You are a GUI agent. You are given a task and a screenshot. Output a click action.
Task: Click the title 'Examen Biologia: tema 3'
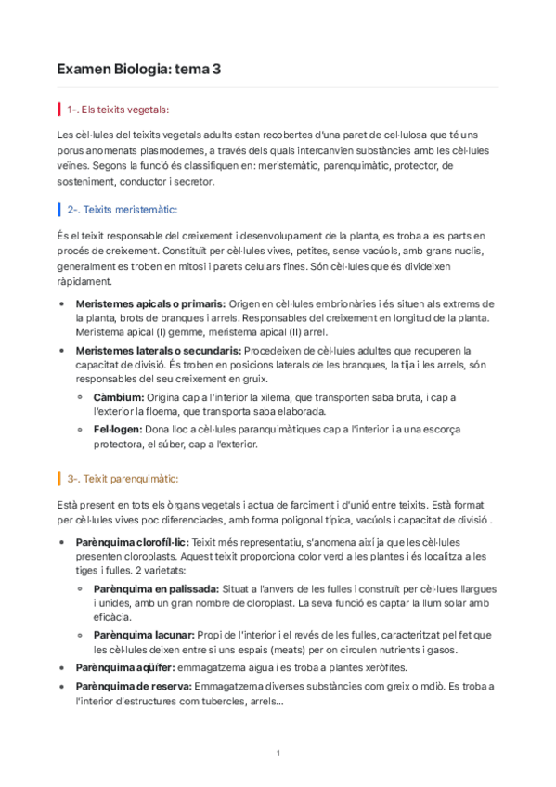(138, 69)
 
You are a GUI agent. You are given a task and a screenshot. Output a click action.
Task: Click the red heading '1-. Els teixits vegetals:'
(118, 110)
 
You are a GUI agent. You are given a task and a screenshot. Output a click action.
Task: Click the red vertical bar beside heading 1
(59, 110)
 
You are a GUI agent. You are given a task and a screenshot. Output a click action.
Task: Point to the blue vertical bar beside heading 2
(59, 210)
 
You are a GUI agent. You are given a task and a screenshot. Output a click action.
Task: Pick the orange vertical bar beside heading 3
(59, 479)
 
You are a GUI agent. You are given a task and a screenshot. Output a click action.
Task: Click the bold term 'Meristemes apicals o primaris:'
(150, 303)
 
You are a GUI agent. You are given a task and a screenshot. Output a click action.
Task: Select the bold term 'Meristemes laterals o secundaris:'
(158, 350)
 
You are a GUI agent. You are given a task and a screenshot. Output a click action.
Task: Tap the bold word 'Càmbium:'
(119, 397)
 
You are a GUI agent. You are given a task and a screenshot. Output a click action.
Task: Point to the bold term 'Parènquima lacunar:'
(140, 635)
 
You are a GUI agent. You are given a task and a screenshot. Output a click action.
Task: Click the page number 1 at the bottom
(278, 752)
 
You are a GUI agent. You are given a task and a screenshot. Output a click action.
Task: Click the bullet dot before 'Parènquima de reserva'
(62, 686)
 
